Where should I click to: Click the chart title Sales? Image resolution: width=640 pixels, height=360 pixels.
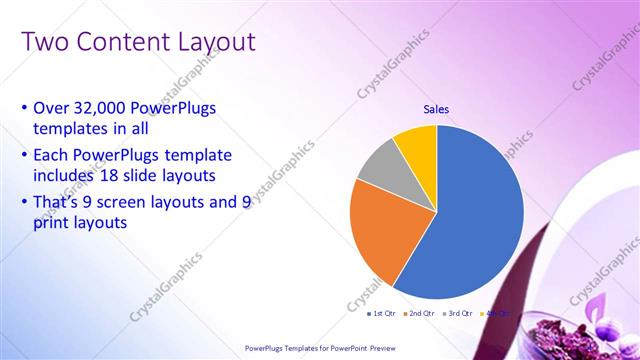pos(437,109)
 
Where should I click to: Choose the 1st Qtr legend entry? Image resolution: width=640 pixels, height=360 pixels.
pos(381,314)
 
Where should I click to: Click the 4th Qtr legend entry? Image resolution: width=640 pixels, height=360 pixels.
pos(496,314)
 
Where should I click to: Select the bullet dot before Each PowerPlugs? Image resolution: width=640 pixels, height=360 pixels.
pos(24,155)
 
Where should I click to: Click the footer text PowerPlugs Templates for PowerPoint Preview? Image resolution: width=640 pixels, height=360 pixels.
pos(319,347)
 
